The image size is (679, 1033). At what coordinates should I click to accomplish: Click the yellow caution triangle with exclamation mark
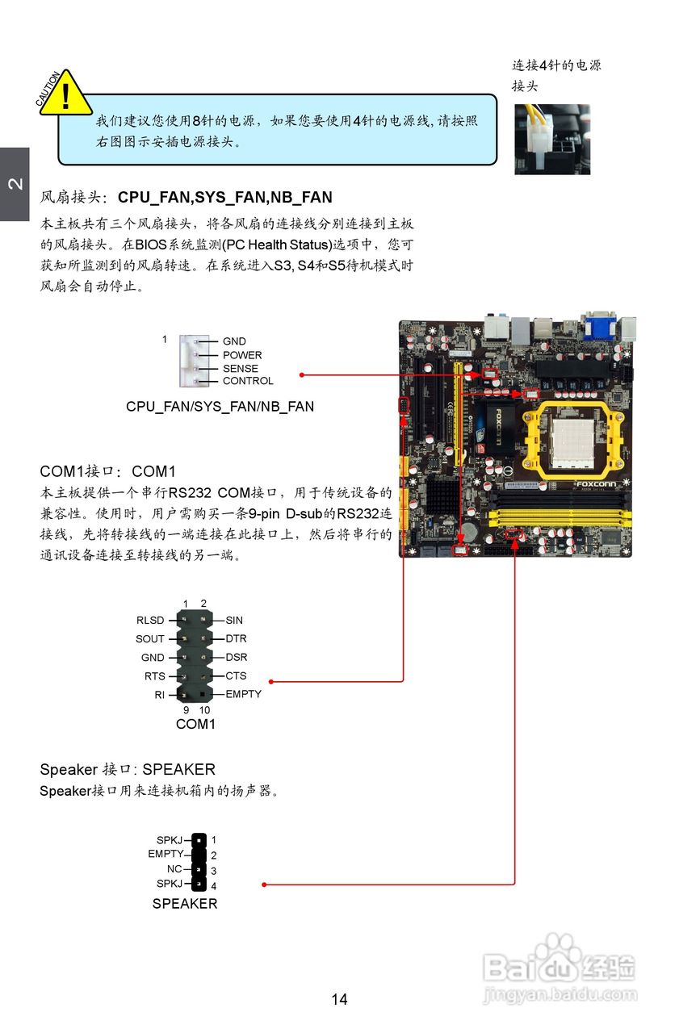[x=65, y=94]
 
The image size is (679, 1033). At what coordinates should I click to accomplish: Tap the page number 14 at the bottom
[x=339, y=999]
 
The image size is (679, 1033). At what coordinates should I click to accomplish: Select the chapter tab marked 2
[x=15, y=184]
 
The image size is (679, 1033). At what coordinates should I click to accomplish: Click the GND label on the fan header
[x=234, y=341]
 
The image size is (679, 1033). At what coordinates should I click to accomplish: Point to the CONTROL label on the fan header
[x=248, y=381]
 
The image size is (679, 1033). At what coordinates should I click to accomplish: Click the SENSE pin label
[x=241, y=368]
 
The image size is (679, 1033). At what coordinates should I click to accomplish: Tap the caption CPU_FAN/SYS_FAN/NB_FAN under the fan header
[x=220, y=407]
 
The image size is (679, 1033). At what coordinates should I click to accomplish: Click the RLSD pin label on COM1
[x=150, y=621]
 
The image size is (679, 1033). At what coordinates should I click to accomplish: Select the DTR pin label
[x=236, y=638]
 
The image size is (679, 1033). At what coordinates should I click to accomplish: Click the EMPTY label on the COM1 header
[x=243, y=694]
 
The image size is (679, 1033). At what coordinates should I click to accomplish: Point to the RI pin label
[x=160, y=694]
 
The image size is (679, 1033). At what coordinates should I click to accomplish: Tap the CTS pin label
[x=236, y=675]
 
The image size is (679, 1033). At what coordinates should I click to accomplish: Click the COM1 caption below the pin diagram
[x=195, y=724]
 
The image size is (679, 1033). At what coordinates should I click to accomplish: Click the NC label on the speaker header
[x=174, y=869]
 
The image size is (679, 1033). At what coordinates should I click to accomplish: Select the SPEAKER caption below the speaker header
[x=185, y=904]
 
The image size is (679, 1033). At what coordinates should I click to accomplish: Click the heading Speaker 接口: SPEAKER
[x=128, y=769]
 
